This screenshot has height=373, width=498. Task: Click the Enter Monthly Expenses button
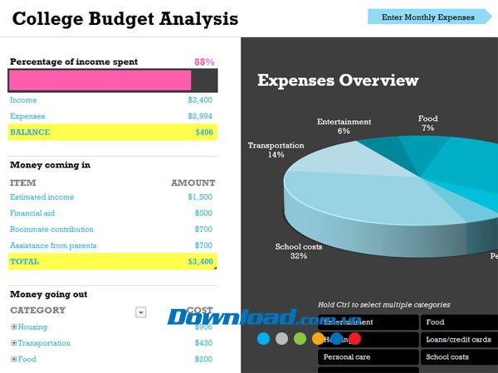[x=427, y=17]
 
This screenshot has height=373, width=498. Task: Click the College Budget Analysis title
[x=125, y=18]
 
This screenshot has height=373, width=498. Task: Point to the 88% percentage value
[x=204, y=62]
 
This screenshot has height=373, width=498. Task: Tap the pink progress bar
[x=100, y=80]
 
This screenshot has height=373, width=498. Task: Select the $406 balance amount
[x=204, y=133]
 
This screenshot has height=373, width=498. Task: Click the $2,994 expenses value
[x=200, y=117]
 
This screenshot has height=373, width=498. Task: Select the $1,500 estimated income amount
[x=200, y=197]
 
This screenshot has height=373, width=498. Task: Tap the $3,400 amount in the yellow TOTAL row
[x=200, y=262]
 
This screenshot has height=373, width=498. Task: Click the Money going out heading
[x=48, y=294]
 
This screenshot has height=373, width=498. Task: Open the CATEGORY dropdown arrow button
[x=141, y=312]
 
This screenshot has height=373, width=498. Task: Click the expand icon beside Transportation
[x=13, y=343]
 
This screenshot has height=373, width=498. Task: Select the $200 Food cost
[x=203, y=360]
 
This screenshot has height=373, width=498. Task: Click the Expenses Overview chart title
[x=338, y=80]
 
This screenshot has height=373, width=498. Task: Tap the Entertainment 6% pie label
[x=344, y=126]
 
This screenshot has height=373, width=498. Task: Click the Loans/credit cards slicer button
[x=458, y=340]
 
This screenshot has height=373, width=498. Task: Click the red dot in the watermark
[x=354, y=338]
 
